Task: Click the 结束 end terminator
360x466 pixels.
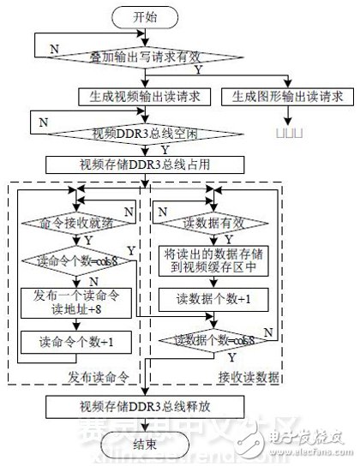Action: (148, 446)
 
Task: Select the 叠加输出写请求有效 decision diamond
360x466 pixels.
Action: (148, 56)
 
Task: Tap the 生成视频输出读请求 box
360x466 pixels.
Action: (148, 95)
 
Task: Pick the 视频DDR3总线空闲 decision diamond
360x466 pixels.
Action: (148, 134)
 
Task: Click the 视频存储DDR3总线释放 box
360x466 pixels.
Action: (148, 405)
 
